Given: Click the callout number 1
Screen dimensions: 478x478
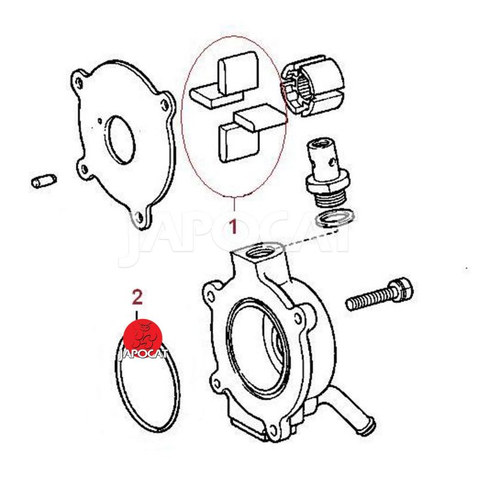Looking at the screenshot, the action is [233, 226].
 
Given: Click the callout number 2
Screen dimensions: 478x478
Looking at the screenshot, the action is [137, 297].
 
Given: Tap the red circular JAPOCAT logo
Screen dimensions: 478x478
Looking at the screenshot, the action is [143, 338].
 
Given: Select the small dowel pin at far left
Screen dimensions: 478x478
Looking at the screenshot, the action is [44, 181].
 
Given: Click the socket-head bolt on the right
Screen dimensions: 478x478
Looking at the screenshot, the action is [379, 293].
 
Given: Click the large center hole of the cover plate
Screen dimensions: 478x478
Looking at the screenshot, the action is [121, 140].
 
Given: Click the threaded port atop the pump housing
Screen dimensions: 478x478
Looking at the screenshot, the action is [260, 251].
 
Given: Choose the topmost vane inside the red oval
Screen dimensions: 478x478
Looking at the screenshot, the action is [237, 72].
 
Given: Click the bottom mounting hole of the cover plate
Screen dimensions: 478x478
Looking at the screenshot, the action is [139, 217].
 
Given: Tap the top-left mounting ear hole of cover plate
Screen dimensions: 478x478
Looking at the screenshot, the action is [79, 82].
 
